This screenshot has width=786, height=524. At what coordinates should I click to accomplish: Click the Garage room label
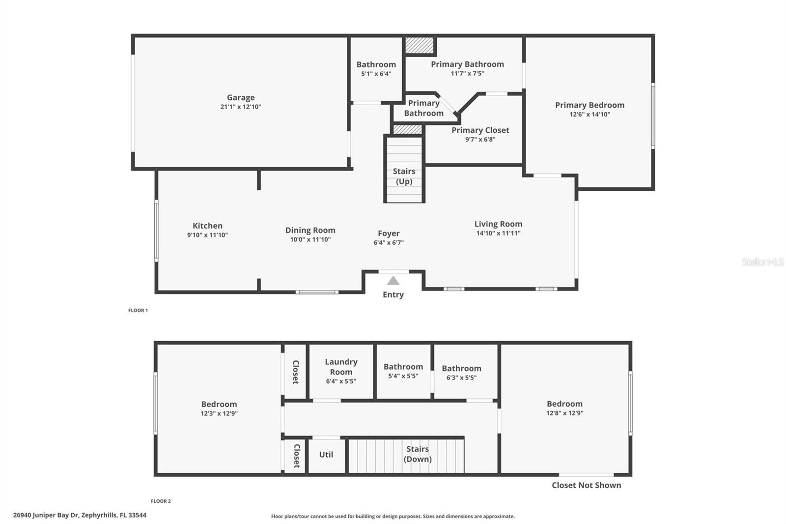coord(241,98)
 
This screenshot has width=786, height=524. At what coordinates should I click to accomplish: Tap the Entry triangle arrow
coord(393,281)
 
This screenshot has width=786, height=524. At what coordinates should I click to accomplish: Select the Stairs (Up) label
coord(404,176)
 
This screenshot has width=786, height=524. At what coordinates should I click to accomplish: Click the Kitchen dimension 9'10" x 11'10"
coord(207,235)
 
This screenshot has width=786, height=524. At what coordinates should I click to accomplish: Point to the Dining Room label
coord(310,230)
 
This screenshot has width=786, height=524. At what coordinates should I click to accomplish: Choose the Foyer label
coord(389,233)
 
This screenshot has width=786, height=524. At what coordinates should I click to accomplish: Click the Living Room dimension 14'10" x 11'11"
coord(498,233)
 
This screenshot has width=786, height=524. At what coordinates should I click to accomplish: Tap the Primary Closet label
coord(480,130)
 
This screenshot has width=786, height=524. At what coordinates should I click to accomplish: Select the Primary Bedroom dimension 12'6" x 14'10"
coord(589,115)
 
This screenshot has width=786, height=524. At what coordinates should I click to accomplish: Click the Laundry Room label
coord(341,367)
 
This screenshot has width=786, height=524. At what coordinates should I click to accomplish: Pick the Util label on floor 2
coord(326,455)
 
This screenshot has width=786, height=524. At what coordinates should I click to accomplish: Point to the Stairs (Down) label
coord(418,454)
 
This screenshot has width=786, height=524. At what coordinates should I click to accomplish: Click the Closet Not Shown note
coord(586,485)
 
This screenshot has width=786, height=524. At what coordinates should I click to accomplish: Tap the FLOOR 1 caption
coord(138,311)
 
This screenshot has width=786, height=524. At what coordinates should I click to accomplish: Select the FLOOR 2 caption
coord(161,501)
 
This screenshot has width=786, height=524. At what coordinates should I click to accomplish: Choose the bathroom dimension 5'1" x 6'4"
coord(376,74)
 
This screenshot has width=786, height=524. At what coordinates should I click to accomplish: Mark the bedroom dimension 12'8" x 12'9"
coord(564,413)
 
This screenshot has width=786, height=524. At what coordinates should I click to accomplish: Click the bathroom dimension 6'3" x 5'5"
coord(461,378)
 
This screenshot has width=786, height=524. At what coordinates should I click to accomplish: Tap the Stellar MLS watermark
coord(762,262)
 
